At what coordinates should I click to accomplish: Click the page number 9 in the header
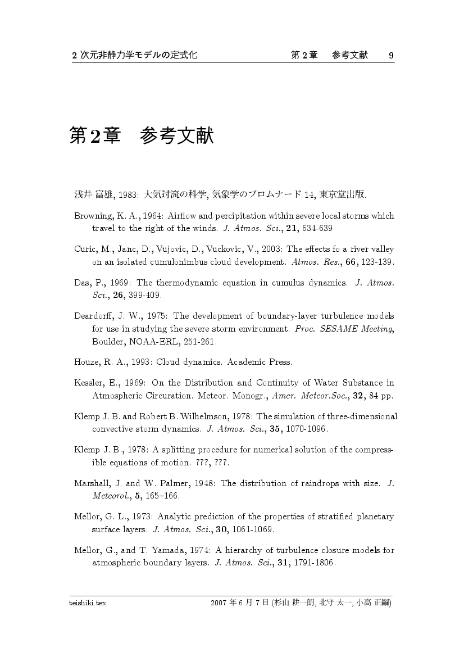coord(391,55)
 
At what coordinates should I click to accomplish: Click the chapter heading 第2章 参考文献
coord(142,136)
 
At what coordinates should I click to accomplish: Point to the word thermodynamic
coord(188,283)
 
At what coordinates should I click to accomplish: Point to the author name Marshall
coord(92,483)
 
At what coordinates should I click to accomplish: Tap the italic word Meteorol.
coord(109,496)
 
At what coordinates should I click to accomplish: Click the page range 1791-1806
coord(317,563)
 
